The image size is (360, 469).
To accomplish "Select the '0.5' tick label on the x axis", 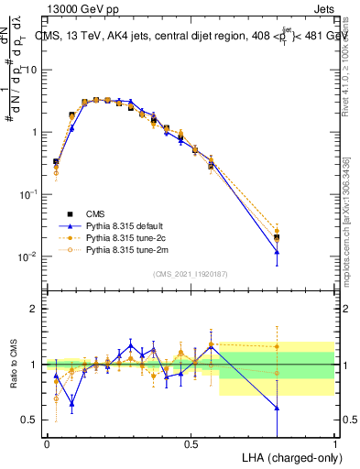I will point(191,443).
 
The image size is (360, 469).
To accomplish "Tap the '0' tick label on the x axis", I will point(47,443).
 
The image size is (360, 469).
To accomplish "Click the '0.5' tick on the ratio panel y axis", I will point(31,420).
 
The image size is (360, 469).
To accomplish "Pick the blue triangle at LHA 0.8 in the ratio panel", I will point(277,408).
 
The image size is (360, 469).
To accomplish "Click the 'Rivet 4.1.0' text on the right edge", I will point(349,73).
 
